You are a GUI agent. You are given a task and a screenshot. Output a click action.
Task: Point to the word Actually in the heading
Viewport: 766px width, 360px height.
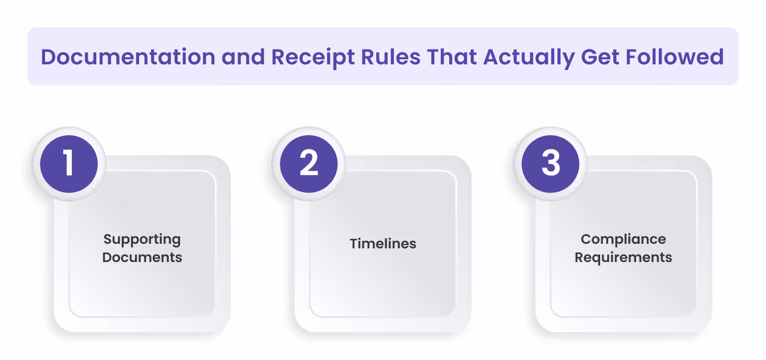pos(528,57)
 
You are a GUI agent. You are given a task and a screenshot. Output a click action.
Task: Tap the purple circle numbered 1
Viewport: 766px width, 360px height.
pos(69,163)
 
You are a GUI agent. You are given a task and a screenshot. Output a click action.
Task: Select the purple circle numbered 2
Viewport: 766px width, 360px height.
pos(309,163)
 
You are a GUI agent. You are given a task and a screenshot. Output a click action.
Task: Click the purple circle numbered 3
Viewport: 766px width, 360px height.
pos(551,163)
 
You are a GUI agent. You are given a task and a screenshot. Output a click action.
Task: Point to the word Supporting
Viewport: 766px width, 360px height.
pos(142,239)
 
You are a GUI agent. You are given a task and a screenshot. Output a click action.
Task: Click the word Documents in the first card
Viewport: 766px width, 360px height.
pos(142,257)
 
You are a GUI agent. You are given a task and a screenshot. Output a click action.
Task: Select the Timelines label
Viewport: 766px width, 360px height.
pos(383,244)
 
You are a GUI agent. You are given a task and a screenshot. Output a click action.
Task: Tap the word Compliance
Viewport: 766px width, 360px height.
pos(624,239)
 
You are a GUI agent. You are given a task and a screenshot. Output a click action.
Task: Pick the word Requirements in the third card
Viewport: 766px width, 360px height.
pos(624,257)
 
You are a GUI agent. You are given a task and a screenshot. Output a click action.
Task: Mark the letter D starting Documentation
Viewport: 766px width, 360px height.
pos(48,57)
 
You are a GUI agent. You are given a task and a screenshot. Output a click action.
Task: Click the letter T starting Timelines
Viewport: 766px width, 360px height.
pos(353,244)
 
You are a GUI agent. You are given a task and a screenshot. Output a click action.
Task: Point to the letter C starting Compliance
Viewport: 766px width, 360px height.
pos(585,239)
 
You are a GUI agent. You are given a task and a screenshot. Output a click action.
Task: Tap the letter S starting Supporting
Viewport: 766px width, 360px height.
pos(107,239)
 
